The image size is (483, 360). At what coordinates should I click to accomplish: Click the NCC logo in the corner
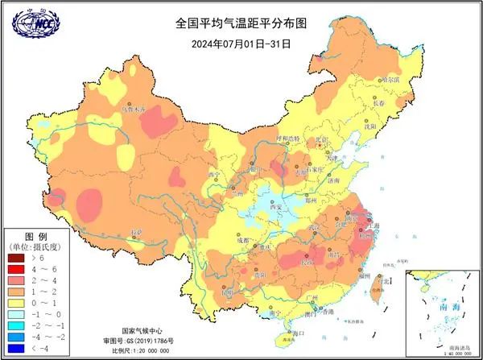pyautogui.click(x=36, y=24)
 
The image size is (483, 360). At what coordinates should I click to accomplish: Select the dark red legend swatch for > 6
pyautogui.click(x=16, y=258)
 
